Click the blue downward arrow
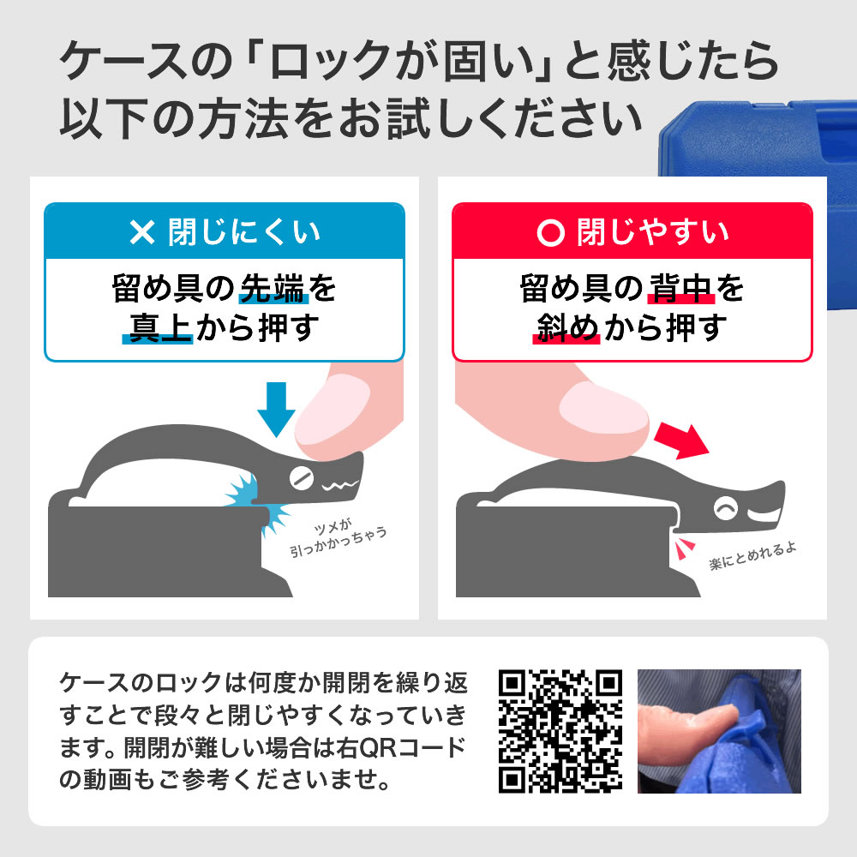click(x=276, y=409)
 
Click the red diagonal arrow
click(x=683, y=440)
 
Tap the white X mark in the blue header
click(x=142, y=231)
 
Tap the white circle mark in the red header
click(x=550, y=232)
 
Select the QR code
click(x=560, y=731)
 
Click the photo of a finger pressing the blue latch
click(x=719, y=731)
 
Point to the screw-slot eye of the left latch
click(x=301, y=478)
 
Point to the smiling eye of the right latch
click(x=726, y=508)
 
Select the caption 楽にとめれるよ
click(x=752, y=556)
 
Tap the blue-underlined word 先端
click(x=273, y=288)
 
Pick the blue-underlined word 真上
click(x=159, y=327)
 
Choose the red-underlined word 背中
click(x=681, y=288)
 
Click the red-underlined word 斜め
click(x=567, y=327)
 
